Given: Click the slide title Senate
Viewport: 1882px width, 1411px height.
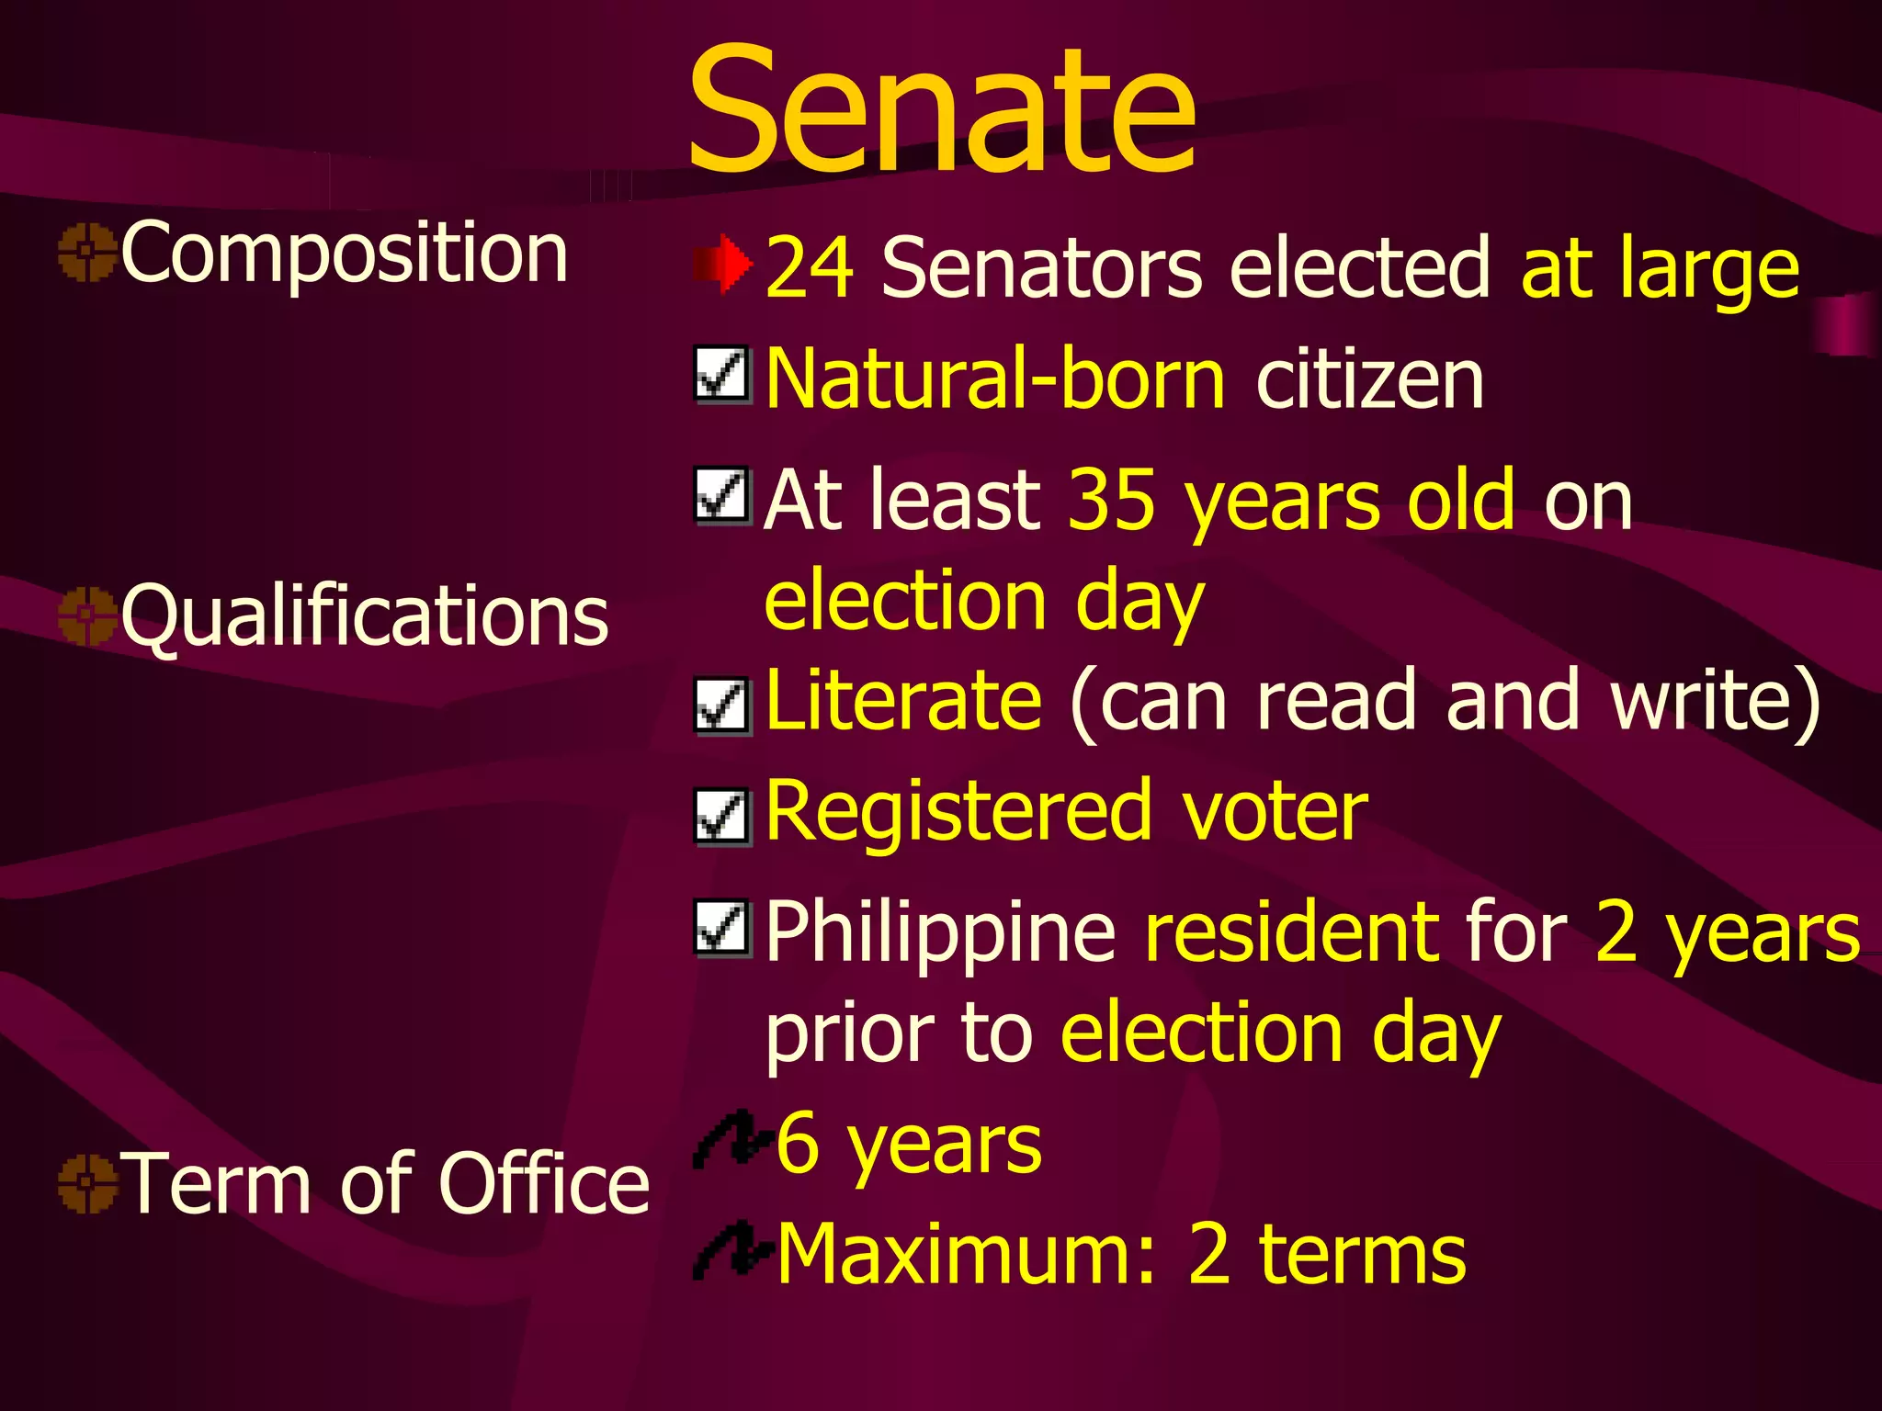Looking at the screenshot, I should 941,110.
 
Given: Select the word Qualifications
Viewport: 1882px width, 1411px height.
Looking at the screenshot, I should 365,615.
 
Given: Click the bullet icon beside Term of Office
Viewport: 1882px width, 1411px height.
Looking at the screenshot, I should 87,1183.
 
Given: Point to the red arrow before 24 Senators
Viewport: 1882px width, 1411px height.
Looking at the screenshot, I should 723,265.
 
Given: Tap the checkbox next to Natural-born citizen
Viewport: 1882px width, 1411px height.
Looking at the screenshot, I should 722,375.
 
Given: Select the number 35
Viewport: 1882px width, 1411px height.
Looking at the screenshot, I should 1111,501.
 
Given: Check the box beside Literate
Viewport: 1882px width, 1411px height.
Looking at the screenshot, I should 722,705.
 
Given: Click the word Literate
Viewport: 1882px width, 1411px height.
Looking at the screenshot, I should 903,700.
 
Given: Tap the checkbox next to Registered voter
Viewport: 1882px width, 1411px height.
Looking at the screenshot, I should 722,816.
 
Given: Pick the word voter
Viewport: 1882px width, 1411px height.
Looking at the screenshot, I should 1275,812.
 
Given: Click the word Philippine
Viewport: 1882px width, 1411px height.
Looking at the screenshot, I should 940,933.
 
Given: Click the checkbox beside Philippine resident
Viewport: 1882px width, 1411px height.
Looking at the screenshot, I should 722,928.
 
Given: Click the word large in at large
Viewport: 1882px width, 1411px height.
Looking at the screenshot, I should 1708,271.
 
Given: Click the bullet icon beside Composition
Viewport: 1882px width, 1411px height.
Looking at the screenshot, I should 87,252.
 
